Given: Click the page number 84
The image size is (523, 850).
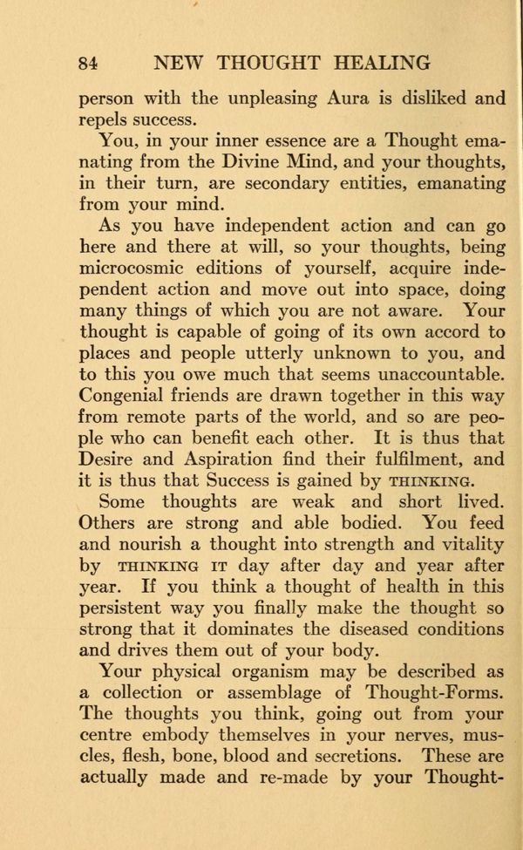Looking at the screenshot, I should coord(88,62).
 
